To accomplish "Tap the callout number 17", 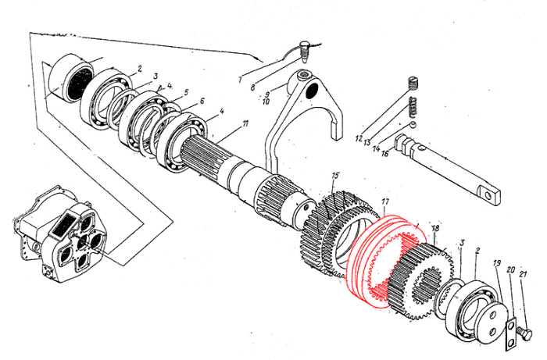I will click(384, 201).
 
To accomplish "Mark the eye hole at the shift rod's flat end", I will click(490, 194).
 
